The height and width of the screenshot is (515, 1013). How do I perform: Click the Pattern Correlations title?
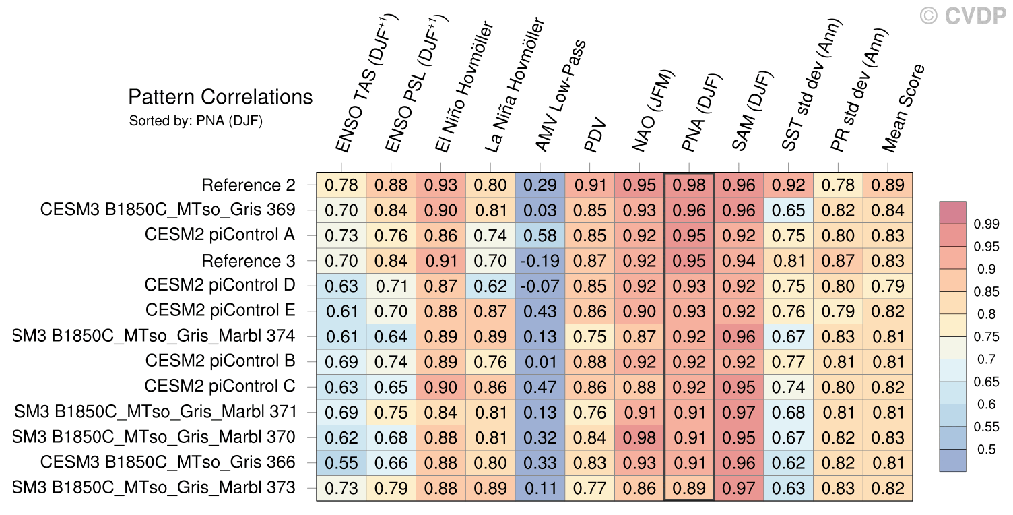click(x=220, y=97)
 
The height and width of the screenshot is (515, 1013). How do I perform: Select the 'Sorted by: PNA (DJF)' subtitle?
click(x=196, y=121)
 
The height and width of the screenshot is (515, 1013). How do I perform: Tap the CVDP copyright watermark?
click(x=962, y=16)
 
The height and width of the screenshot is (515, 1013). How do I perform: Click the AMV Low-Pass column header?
click(x=561, y=96)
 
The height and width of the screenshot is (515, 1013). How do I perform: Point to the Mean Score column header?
click(x=903, y=108)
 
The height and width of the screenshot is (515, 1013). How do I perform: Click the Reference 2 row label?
click(x=249, y=185)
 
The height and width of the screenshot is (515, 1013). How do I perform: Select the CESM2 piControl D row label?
click(x=220, y=285)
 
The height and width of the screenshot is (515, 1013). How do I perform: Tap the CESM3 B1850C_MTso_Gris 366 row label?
click(x=168, y=462)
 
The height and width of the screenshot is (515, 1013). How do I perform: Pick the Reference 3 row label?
click(x=249, y=261)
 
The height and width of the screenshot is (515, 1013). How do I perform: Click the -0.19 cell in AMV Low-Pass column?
click(x=540, y=261)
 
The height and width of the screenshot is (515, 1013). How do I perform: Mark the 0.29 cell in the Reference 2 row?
click(x=540, y=185)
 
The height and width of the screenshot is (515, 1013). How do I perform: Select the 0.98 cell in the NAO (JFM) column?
click(x=639, y=437)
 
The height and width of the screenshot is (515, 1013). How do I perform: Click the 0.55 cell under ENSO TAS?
click(x=341, y=463)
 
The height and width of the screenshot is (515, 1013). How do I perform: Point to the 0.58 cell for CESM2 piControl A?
click(x=540, y=236)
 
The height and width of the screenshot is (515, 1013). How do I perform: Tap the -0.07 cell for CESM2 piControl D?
click(x=540, y=286)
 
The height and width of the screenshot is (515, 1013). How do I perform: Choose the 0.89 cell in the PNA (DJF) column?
click(x=689, y=488)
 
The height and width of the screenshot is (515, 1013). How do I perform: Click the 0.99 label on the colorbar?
click(x=986, y=224)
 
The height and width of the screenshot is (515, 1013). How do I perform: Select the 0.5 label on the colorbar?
click(x=986, y=450)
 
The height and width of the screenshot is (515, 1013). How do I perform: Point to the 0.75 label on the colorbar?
click(x=986, y=336)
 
